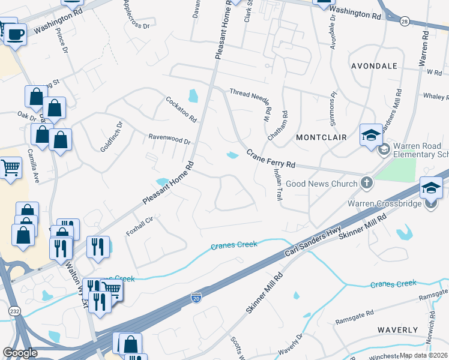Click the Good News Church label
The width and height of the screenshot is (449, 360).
[x=322, y=184]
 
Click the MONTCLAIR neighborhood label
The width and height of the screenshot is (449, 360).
[x=322, y=137]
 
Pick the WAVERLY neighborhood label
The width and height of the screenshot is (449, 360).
[x=397, y=330]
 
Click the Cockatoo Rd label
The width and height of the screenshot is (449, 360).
[x=181, y=109]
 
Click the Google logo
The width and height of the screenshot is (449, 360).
[x=20, y=353]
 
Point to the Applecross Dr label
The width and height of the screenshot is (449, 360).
[x=136, y=14]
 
